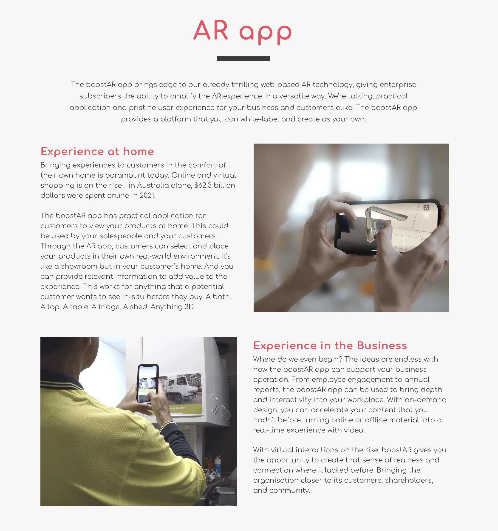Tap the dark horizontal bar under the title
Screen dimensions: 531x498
click(243, 58)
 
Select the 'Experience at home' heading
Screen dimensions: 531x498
click(97, 151)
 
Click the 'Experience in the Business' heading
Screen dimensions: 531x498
click(330, 346)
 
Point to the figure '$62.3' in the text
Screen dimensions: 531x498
click(202, 185)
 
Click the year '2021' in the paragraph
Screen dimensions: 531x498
click(147, 196)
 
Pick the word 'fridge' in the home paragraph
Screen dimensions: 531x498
click(110, 307)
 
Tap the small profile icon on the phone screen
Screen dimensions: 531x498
click(426, 208)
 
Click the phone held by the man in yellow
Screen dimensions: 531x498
click(147, 384)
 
